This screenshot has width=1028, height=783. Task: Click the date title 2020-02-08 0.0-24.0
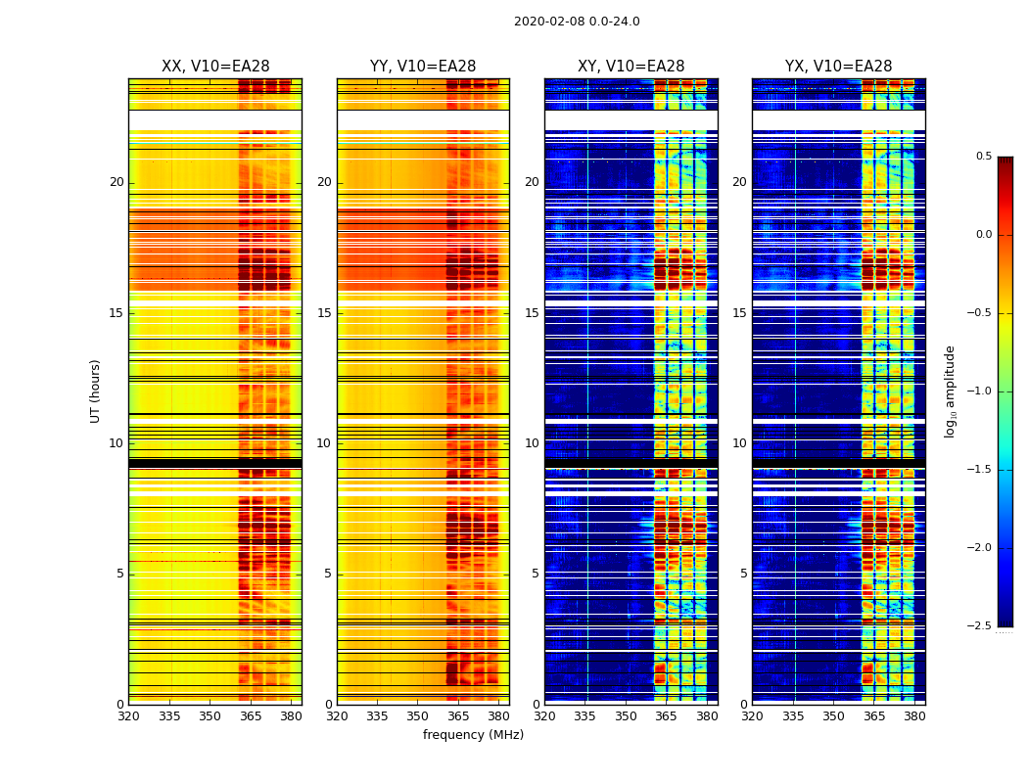click(x=577, y=22)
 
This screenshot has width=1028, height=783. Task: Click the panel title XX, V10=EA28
click(x=215, y=67)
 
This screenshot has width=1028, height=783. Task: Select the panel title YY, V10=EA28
click(x=423, y=67)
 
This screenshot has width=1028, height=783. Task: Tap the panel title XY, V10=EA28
click(x=631, y=67)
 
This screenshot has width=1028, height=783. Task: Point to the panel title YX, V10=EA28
click(x=838, y=67)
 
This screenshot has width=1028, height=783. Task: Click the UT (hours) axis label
click(x=95, y=391)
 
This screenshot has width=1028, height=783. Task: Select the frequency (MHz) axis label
click(x=473, y=735)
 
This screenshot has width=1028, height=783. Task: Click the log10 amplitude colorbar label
click(x=950, y=391)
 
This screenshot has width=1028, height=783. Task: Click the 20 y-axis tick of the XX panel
click(x=117, y=182)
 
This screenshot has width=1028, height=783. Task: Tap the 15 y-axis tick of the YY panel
click(x=325, y=313)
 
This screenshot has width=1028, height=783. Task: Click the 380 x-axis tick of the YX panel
click(x=914, y=715)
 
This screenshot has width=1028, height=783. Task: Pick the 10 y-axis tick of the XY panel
click(x=532, y=443)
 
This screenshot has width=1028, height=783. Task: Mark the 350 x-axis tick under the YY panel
click(x=418, y=715)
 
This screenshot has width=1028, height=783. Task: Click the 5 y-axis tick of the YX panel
click(x=743, y=574)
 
